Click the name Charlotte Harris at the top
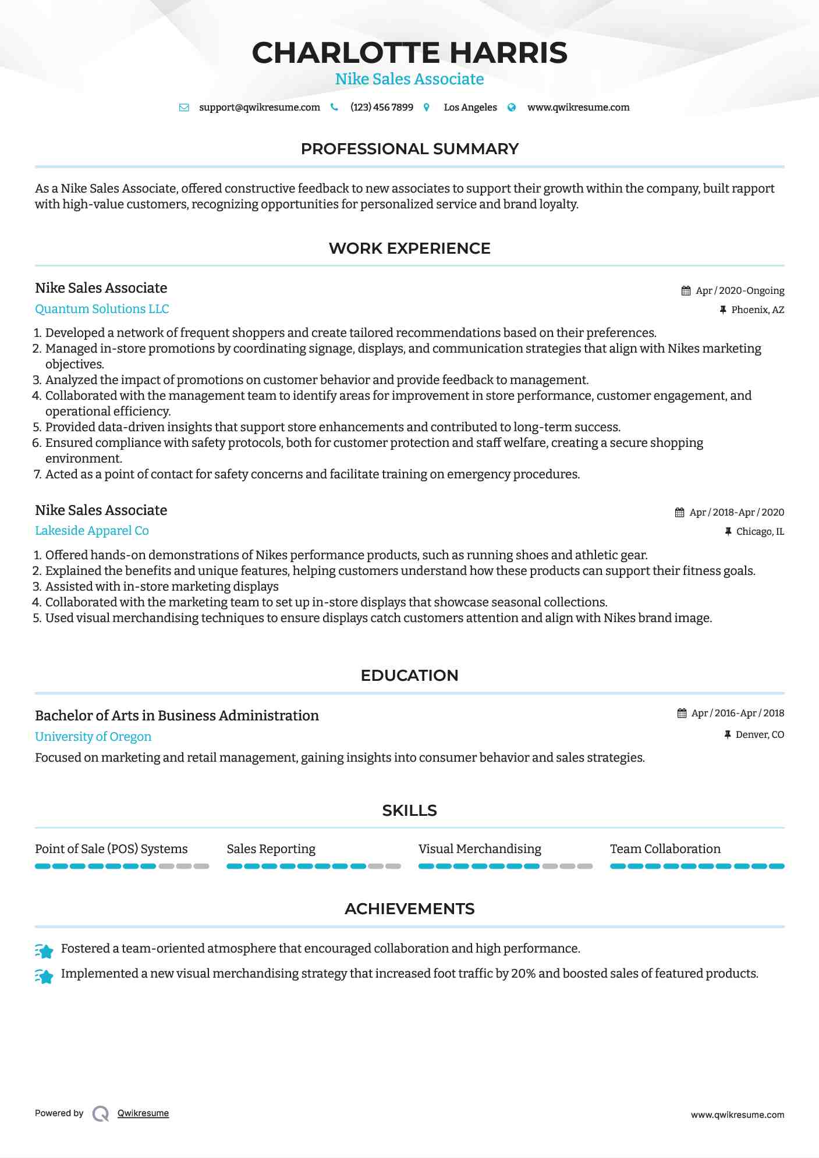click(409, 53)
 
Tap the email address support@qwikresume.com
click(259, 108)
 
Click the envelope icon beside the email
click(184, 108)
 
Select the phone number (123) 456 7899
click(381, 108)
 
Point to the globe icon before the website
click(512, 108)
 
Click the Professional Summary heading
click(409, 149)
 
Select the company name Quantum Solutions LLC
click(102, 309)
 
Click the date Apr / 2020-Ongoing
click(739, 291)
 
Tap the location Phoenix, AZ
click(757, 310)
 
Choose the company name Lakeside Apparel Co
click(92, 531)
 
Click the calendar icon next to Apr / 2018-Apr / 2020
click(679, 513)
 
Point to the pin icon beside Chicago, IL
click(728, 532)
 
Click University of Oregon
click(93, 737)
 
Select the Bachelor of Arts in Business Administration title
click(177, 716)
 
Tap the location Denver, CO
click(760, 735)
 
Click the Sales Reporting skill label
click(271, 849)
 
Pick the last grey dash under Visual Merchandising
click(585, 866)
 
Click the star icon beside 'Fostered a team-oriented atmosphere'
click(44, 951)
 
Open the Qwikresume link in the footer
click(143, 1113)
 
